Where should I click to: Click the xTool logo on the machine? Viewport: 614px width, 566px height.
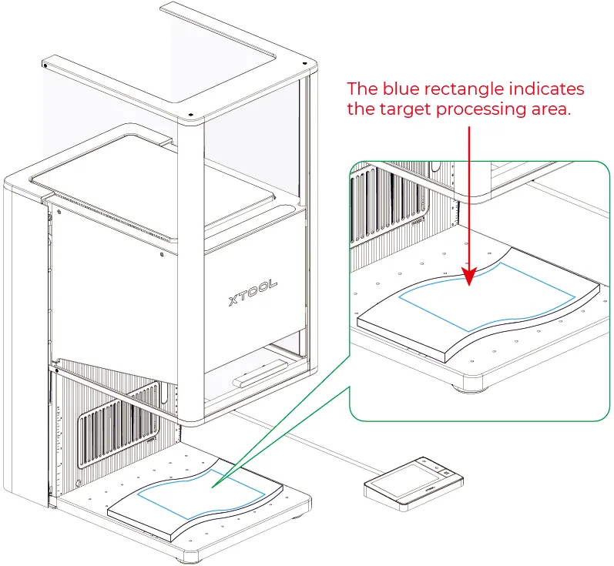tap(253, 292)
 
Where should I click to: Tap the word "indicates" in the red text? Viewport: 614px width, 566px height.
tap(546, 89)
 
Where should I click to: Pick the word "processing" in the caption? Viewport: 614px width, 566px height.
tap(481, 110)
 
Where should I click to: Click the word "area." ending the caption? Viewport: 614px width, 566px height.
tap(551, 110)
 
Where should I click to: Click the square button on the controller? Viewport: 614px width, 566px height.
tap(447, 474)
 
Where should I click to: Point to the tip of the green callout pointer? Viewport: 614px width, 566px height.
tap(212, 487)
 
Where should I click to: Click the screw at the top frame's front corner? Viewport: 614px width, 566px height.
tap(191, 115)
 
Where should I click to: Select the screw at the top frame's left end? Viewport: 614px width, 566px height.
tap(45, 65)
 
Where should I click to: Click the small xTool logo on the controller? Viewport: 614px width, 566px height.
tap(430, 489)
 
